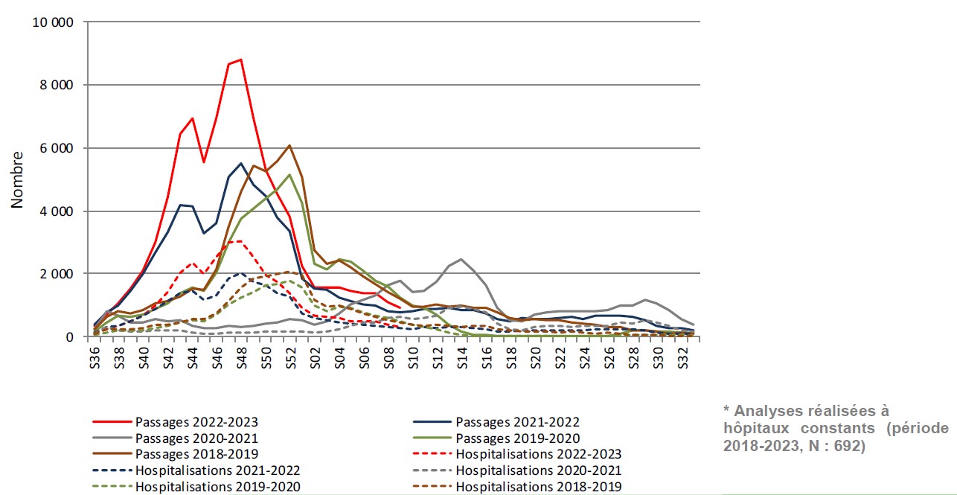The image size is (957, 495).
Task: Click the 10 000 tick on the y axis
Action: click(x=53, y=22)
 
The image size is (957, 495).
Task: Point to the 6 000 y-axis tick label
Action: click(x=57, y=148)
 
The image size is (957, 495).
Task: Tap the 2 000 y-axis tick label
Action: click(x=57, y=274)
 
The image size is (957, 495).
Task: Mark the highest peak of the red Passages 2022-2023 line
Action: click(x=240, y=60)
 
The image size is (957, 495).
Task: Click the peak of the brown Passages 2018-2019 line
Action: click(x=289, y=145)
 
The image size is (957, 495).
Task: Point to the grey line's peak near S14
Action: click(x=461, y=259)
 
